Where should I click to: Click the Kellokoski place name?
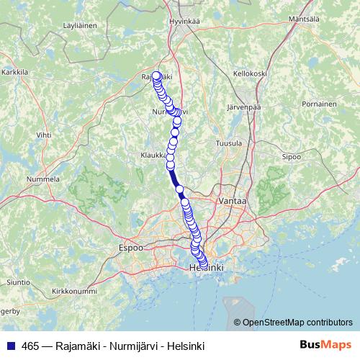(x=251, y=73)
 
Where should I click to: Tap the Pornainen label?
(x=320, y=104)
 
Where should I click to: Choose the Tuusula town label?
(x=229, y=143)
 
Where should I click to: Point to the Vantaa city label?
(x=233, y=202)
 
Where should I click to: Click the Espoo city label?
(x=130, y=248)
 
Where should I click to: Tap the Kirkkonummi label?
(x=74, y=292)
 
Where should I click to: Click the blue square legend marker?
(x=9, y=344)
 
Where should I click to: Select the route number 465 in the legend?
(x=30, y=344)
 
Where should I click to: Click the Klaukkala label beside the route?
(x=155, y=154)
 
